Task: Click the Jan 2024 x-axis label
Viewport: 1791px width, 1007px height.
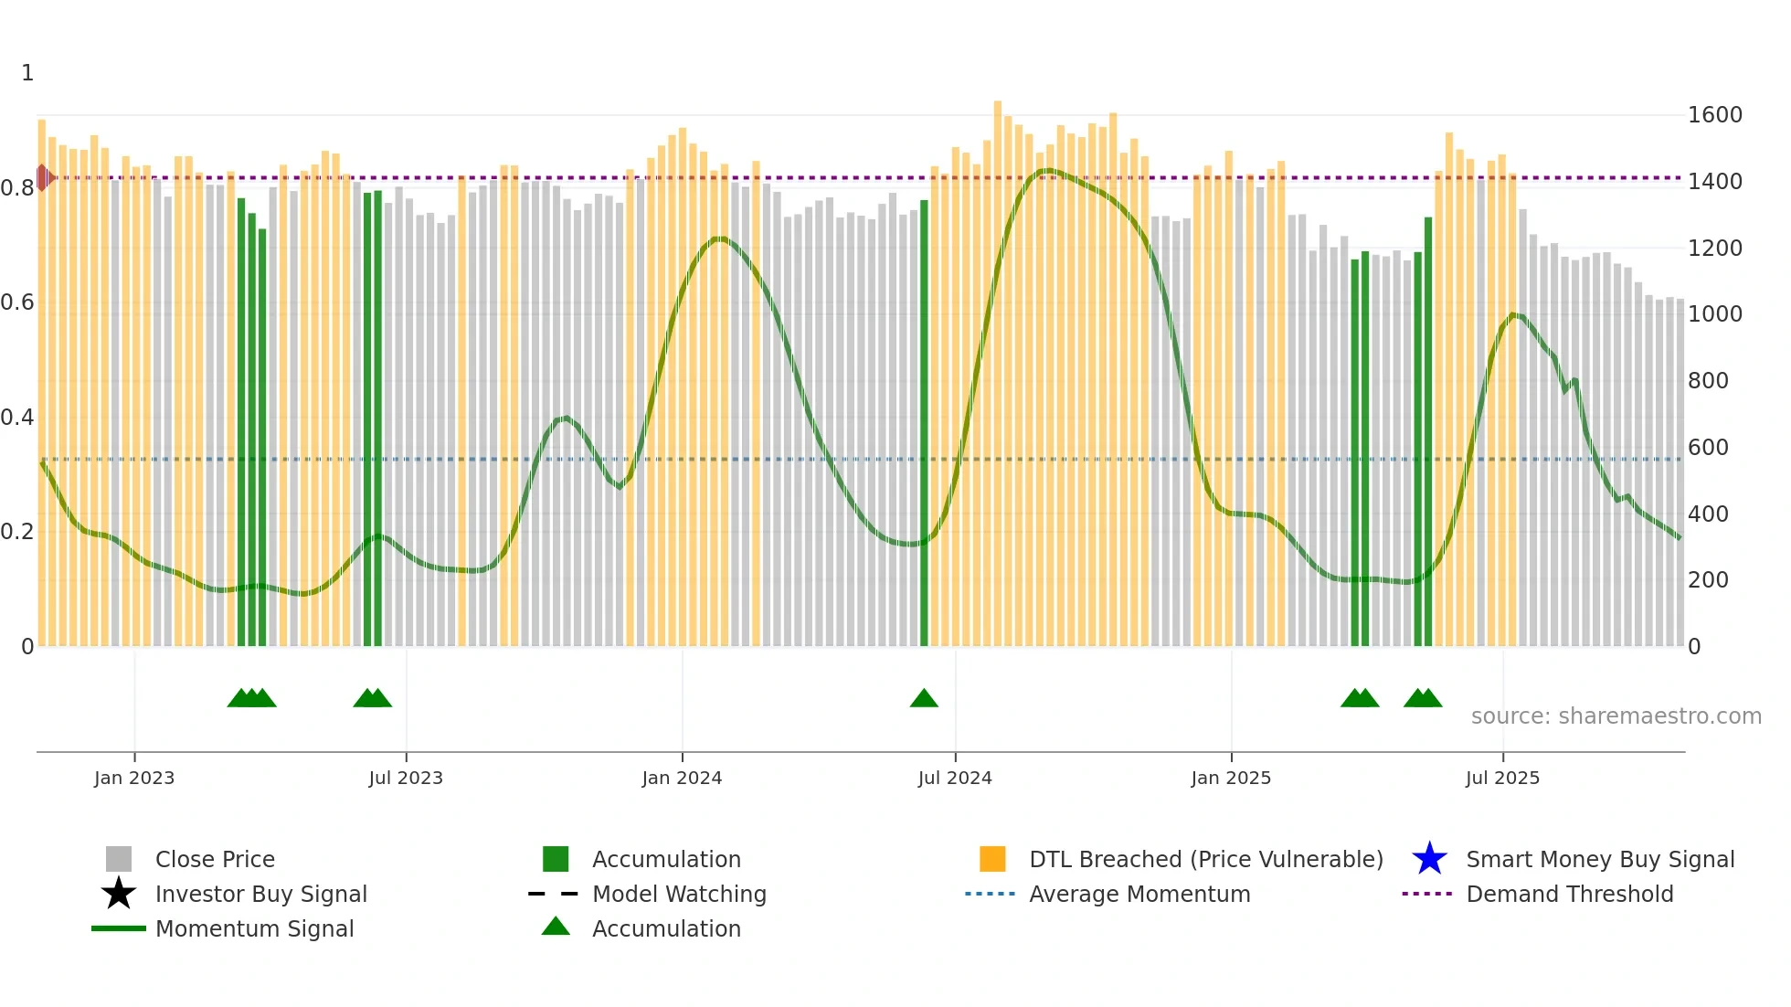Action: click(x=682, y=778)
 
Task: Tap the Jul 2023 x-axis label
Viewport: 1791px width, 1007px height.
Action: click(x=406, y=778)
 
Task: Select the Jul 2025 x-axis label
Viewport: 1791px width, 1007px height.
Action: click(x=1502, y=778)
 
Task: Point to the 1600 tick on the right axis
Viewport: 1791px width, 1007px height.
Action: click(x=1714, y=115)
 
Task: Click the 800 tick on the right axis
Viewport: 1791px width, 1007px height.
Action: click(x=1707, y=381)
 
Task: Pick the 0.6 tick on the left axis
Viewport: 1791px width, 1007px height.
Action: click(x=16, y=302)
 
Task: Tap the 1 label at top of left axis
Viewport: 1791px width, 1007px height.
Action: click(x=27, y=73)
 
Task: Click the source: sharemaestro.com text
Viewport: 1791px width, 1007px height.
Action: click(x=1616, y=716)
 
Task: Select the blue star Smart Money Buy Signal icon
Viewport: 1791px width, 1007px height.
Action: click(x=1429, y=859)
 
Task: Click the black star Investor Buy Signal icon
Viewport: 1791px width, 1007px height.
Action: click(x=119, y=894)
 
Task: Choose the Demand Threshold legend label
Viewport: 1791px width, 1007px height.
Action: click(x=1569, y=894)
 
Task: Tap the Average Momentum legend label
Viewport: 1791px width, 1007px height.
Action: click(x=1139, y=894)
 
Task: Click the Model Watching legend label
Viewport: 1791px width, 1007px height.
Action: click(x=679, y=894)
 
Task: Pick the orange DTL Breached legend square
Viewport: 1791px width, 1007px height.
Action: click(x=992, y=859)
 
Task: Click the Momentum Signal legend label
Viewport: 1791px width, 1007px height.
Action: click(x=254, y=928)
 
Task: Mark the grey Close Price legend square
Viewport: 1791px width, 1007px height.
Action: click(x=119, y=859)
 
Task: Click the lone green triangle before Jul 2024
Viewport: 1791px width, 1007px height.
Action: click(x=924, y=699)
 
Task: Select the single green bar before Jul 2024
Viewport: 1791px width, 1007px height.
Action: click(x=924, y=420)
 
